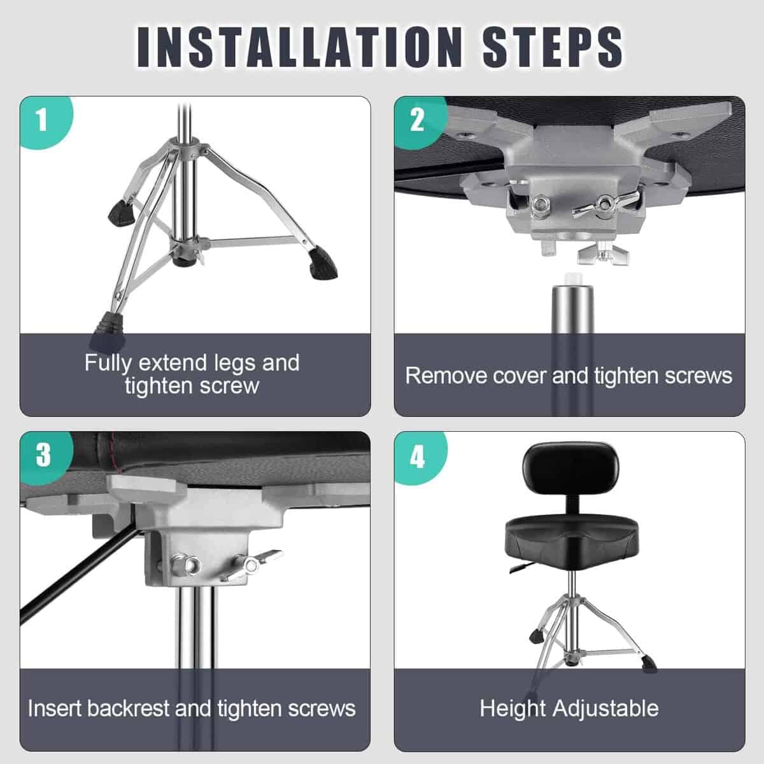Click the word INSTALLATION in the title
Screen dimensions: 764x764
[299, 47]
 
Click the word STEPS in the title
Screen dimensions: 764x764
[552, 47]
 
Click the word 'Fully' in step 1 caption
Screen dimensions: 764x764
[108, 364]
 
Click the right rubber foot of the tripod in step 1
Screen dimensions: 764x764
[323, 263]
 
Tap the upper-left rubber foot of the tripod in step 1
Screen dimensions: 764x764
[120, 213]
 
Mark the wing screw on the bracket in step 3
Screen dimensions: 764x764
[251, 563]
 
